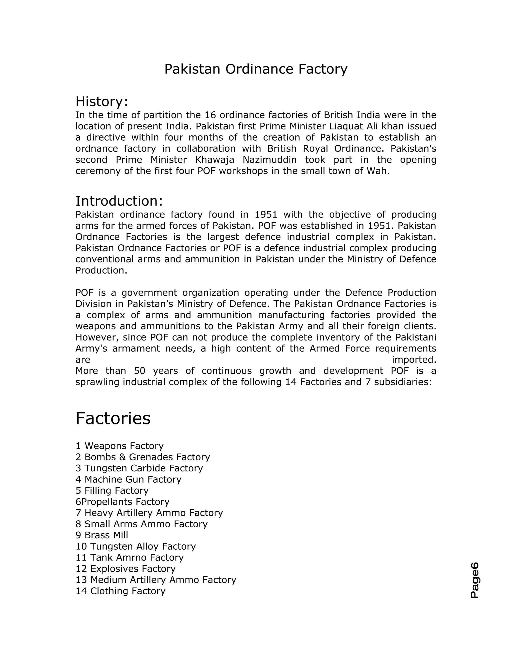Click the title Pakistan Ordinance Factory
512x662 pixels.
tap(256, 69)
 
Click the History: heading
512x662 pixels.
tap(101, 101)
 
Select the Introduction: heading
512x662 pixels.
tap(119, 201)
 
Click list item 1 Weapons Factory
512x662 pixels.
tap(119, 446)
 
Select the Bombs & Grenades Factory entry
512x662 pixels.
tap(142, 457)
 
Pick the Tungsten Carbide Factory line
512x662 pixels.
tap(139, 468)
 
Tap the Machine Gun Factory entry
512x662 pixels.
tap(128, 480)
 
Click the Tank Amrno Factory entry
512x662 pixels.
tap(129, 557)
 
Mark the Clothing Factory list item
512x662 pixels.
tap(120, 591)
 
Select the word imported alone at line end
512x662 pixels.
tap(414, 360)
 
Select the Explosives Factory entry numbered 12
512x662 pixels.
tap(125, 569)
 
